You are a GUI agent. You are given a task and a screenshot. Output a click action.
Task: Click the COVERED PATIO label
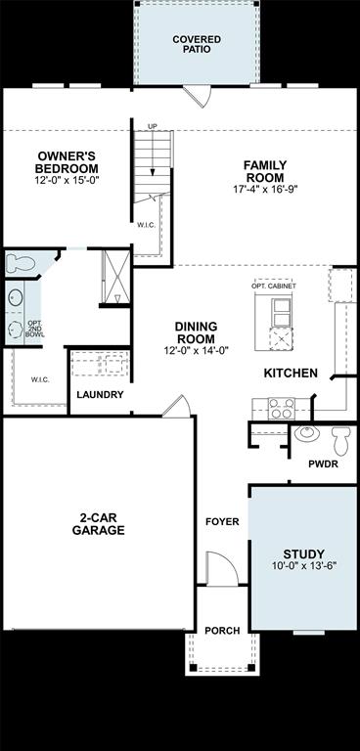pyautogui.click(x=197, y=43)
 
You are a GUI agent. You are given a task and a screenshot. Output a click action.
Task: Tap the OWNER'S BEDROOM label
pyautogui.click(x=67, y=161)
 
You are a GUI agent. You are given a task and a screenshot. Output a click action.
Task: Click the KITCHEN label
pyautogui.click(x=291, y=373)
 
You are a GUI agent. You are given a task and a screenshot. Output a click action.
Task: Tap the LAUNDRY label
pyautogui.click(x=100, y=395)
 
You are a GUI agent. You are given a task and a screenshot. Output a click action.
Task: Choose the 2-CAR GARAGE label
pyautogui.click(x=98, y=524)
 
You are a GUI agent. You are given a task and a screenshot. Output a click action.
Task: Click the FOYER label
pyautogui.click(x=222, y=521)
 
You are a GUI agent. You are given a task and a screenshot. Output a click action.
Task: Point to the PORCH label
pyautogui.click(x=221, y=631)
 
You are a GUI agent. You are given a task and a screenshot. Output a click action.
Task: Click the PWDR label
pyautogui.click(x=323, y=464)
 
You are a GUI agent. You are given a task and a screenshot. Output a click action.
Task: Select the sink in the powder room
pyautogui.click(x=305, y=433)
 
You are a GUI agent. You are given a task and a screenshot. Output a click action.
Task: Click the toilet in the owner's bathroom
pyautogui.click(x=20, y=262)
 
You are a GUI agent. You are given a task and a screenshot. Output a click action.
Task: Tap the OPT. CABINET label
pyautogui.click(x=275, y=286)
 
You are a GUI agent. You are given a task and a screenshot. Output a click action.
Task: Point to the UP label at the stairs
pyautogui.click(x=152, y=126)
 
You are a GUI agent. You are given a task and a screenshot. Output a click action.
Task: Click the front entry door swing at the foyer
pyautogui.click(x=217, y=568)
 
